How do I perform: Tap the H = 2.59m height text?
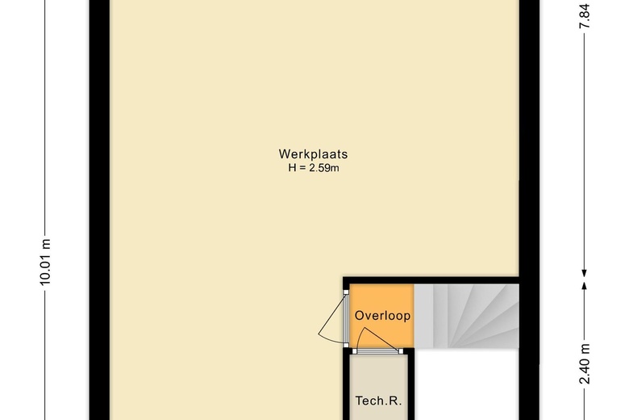tap(313, 168)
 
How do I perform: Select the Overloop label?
tap(382, 316)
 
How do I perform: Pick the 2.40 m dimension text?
tap(586, 364)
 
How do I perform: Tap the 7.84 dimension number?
tap(586, 15)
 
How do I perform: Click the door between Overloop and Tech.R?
tap(377, 351)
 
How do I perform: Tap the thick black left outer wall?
tap(98, 210)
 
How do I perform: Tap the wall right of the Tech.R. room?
tap(410, 388)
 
